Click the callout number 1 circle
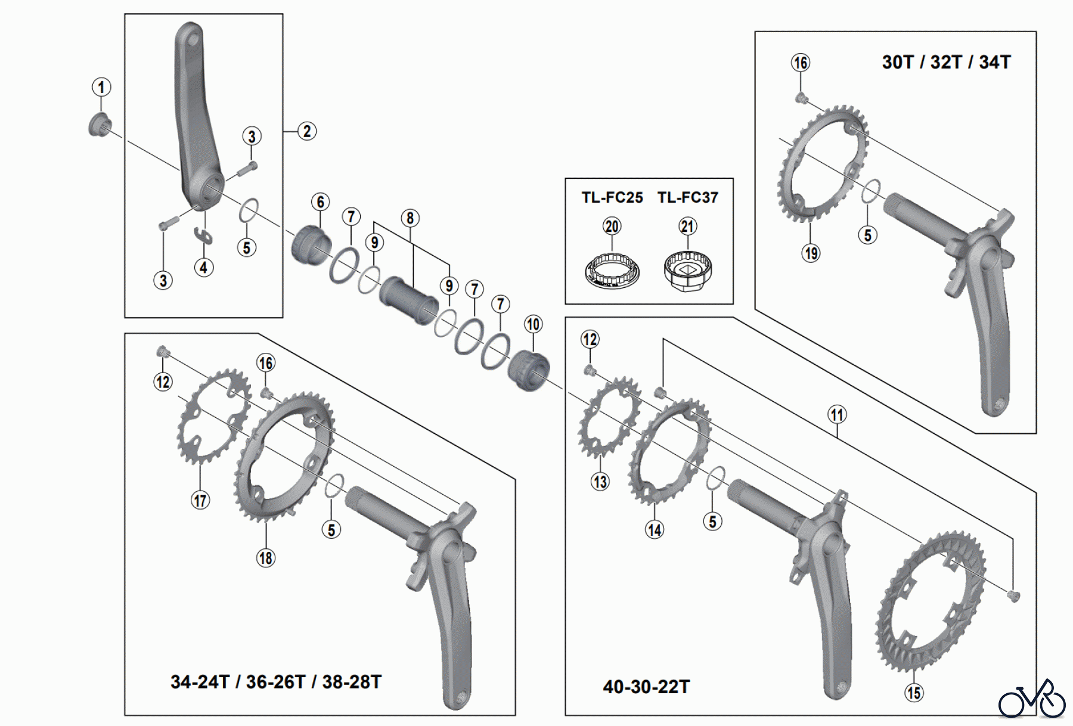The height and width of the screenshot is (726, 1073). [101, 87]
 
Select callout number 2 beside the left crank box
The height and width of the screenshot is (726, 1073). [307, 131]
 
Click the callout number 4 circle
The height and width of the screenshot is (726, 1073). [204, 268]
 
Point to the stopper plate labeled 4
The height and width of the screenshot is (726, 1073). [204, 235]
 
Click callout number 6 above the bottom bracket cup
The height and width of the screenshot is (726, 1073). [321, 202]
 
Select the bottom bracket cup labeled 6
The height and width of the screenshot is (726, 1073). [311, 244]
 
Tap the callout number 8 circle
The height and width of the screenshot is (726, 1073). [410, 218]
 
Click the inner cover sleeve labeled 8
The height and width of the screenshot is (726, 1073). [409, 299]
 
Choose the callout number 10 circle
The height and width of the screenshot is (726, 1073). [533, 324]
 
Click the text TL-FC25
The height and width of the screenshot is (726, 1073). [612, 197]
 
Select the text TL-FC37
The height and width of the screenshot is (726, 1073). [688, 197]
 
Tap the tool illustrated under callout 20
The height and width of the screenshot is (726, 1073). [612, 272]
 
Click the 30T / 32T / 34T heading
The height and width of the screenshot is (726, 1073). [946, 62]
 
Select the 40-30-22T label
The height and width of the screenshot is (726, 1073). [646, 687]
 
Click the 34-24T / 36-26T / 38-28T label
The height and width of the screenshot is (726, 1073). [276, 682]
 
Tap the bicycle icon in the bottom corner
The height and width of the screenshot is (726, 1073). [1032, 700]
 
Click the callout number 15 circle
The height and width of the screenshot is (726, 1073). [914, 693]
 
